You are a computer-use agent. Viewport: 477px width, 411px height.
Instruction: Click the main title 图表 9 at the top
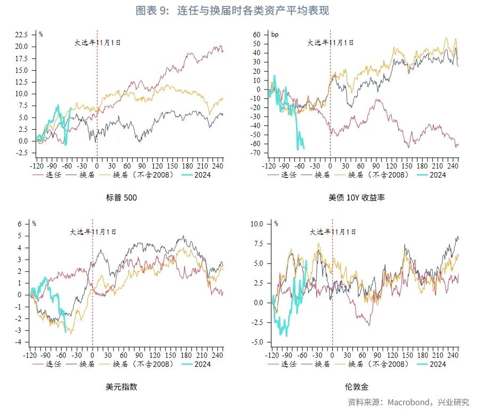click(232, 11)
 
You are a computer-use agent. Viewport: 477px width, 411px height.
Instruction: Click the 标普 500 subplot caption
click(122, 197)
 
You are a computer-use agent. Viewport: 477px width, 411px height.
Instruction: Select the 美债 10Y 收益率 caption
click(357, 197)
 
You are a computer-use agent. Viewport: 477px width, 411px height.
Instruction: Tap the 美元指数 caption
click(122, 387)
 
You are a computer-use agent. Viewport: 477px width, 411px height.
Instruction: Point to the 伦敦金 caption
click(356, 387)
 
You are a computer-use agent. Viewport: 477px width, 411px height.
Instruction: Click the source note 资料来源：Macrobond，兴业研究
click(408, 401)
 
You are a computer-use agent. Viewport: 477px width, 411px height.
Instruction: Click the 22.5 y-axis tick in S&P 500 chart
click(22, 35)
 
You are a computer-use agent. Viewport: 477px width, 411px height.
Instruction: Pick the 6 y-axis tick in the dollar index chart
click(19, 224)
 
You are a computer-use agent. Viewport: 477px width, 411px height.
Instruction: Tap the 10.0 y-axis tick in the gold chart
click(257, 224)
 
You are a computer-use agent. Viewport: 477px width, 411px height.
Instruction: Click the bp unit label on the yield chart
click(275, 35)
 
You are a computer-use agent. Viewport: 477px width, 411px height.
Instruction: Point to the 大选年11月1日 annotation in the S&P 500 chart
click(97, 42)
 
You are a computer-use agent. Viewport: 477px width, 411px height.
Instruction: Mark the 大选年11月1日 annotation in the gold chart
click(333, 232)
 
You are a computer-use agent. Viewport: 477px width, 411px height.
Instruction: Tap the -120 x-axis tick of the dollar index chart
click(31, 355)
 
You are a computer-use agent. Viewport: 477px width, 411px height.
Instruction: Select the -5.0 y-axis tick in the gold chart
click(257, 342)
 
